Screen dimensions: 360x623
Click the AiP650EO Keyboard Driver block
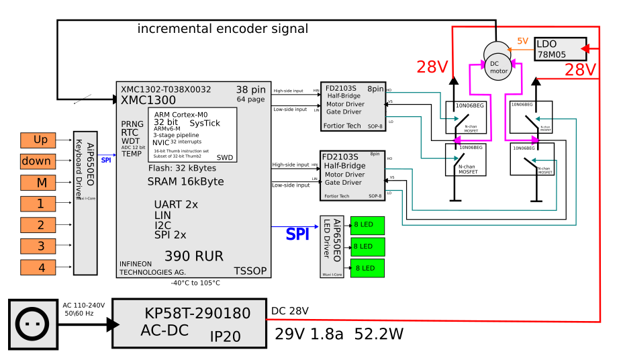click(85, 203)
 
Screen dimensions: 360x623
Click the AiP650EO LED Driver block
click(332, 246)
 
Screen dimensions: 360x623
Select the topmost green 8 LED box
click(367, 224)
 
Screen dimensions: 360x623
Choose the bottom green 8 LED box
click(367, 268)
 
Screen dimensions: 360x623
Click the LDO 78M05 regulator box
click(560, 49)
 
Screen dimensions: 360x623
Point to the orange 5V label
click(522, 42)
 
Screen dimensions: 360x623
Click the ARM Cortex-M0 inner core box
click(192, 134)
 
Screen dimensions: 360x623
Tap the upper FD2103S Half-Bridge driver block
click(352, 107)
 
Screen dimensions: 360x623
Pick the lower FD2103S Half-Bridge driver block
click(352, 175)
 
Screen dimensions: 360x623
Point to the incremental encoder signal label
click(222, 29)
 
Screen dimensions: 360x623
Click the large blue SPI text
click(298, 234)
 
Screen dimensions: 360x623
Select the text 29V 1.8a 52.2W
click(339, 334)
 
